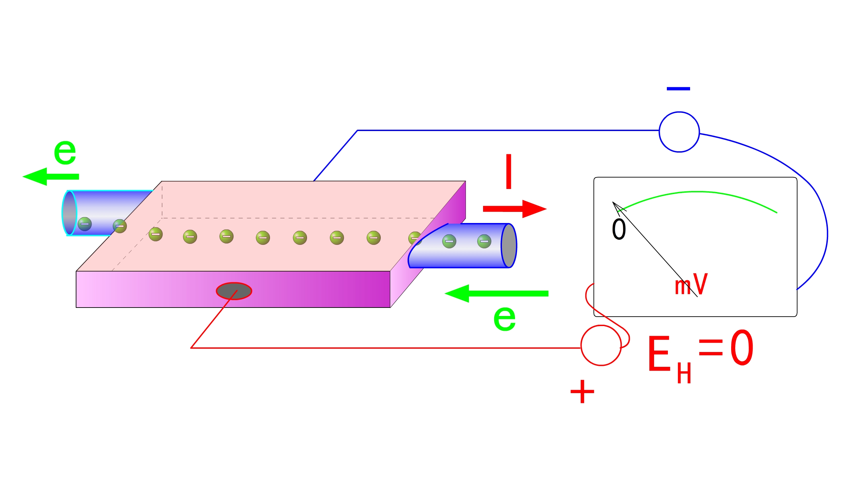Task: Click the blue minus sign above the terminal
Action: point(678,89)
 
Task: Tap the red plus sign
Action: point(582,391)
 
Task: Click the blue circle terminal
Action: point(679,132)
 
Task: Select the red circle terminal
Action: point(601,345)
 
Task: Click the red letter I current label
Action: point(509,171)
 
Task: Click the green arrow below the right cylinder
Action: point(496,294)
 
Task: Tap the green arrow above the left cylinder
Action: point(50,177)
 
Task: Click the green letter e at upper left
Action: point(65,152)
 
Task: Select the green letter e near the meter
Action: point(504,318)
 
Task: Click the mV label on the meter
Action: point(691,285)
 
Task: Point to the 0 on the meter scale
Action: point(619,229)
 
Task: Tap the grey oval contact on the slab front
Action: point(234,291)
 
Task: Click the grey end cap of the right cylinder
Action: point(509,246)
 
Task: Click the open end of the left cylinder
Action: point(69,213)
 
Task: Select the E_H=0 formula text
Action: point(700,354)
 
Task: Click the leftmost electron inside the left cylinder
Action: point(84,224)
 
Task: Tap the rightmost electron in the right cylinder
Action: point(484,241)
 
